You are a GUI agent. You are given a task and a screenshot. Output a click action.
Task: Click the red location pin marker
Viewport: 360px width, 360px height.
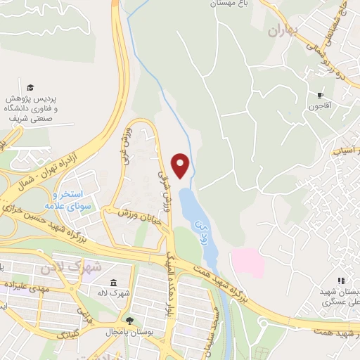pyautogui.click(x=182, y=165)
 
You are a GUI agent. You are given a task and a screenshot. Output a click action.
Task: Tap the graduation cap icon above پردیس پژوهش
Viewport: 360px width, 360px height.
pyautogui.click(x=30, y=87)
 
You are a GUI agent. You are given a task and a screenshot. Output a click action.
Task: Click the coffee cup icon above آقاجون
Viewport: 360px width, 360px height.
pyautogui.click(x=321, y=95)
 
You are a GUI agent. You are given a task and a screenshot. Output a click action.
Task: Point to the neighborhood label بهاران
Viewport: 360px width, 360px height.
pyautogui.click(x=283, y=31)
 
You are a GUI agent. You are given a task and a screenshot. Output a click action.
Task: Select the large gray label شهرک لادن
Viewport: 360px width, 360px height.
pyautogui.click(x=96, y=268)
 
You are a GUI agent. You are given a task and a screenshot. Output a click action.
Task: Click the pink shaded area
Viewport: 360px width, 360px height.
pyautogui.click(x=247, y=263)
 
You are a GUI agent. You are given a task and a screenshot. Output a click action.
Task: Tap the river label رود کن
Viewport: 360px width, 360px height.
pyautogui.click(x=198, y=229)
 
